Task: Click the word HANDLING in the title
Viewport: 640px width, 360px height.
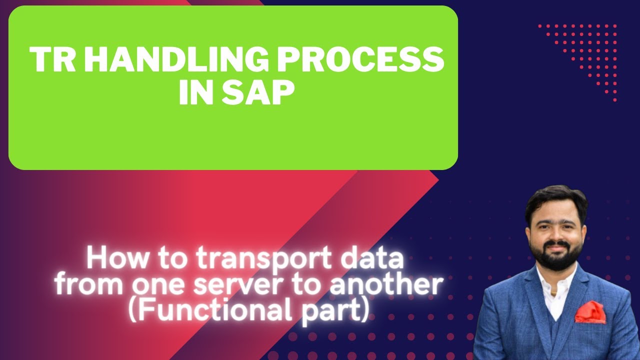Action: (176, 59)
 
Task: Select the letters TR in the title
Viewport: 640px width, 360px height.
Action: (52, 59)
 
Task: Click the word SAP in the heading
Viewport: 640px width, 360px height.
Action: (258, 91)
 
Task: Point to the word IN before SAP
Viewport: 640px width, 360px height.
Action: (196, 91)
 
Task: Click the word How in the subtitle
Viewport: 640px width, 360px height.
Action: (117, 258)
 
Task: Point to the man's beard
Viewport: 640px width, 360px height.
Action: (555, 255)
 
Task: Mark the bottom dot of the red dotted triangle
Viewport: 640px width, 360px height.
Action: (615, 100)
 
